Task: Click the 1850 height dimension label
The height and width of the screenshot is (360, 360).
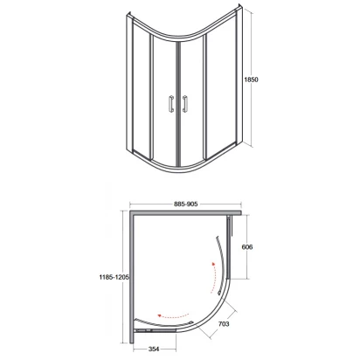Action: point(251,80)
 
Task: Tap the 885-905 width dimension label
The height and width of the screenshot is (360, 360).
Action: point(186,204)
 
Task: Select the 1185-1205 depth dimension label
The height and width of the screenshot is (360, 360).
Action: point(114,277)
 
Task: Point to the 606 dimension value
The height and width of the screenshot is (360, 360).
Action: point(247,247)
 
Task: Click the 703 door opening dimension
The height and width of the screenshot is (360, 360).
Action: point(224,323)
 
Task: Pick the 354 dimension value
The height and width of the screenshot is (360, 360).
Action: point(154,349)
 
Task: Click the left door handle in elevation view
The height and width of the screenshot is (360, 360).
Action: point(171,104)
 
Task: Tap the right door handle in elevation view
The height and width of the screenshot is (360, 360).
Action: point(184,104)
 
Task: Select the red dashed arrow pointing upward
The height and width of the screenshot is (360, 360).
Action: point(215,278)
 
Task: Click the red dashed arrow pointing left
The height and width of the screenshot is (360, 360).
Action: point(173,316)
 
